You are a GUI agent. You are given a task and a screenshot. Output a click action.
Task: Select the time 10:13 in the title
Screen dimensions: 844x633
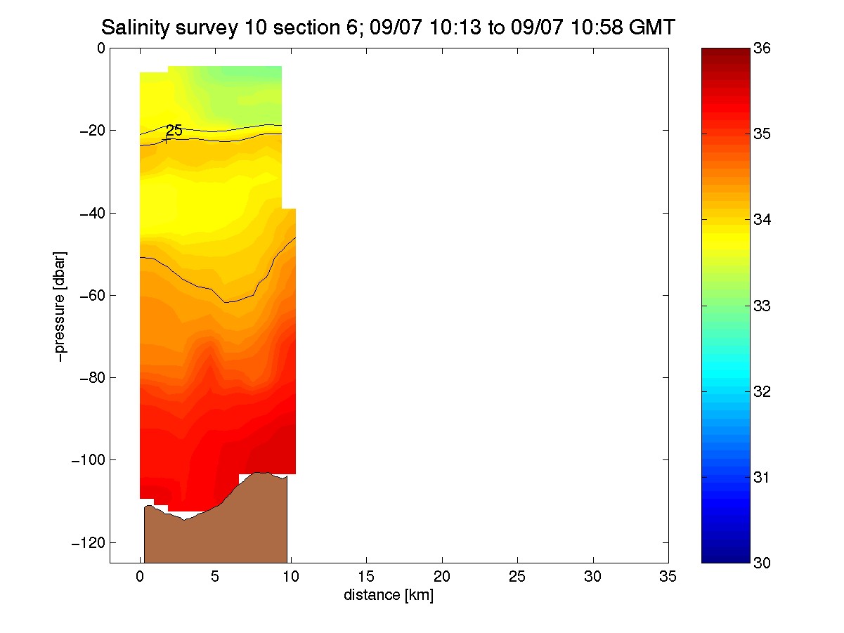tap(455, 27)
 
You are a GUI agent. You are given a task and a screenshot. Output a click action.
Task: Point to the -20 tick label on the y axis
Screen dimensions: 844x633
tap(93, 131)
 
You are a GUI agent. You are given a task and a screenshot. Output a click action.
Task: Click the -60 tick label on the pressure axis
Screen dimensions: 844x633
tap(93, 295)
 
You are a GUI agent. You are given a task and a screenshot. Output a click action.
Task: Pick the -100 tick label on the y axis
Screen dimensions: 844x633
tap(89, 459)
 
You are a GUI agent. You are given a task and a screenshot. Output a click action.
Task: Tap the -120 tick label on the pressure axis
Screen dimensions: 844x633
tap(89, 542)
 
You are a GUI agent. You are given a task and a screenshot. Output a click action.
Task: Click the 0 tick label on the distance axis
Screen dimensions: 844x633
tap(140, 577)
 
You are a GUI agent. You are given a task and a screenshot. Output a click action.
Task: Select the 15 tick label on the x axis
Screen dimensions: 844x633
tap(366, 577)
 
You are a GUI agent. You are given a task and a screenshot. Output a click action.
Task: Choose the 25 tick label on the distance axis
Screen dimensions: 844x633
tap(517, 577)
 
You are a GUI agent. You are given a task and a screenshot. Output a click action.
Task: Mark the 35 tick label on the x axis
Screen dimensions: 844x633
tap(668, 577)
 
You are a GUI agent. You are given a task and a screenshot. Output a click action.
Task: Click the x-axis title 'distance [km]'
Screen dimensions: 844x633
tap(389, 595)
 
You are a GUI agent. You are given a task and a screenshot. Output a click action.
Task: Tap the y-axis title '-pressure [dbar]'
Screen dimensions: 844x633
tap(60, 306)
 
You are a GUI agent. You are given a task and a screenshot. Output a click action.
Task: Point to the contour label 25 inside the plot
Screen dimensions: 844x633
tap(174, 130)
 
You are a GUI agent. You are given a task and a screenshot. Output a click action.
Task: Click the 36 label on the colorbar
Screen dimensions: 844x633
tap(762, 48)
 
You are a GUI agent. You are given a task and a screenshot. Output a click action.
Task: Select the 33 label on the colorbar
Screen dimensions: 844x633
tap(762, 306)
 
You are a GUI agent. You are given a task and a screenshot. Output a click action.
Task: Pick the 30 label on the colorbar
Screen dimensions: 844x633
tap(762, 563)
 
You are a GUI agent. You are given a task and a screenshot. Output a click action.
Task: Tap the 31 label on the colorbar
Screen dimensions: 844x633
tap(762, 477)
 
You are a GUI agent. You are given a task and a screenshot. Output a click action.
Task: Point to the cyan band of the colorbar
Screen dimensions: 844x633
tap(725, 371)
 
